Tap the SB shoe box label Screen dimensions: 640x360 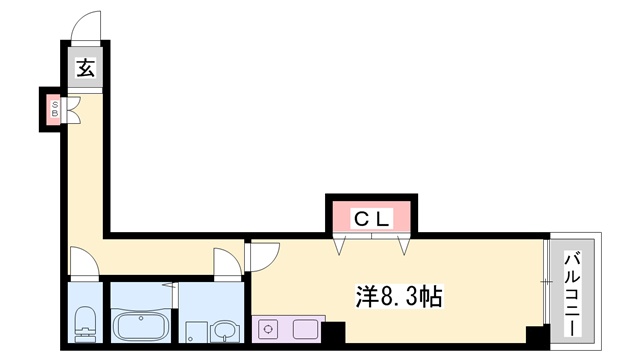pyautogui.click(x=55, y=107)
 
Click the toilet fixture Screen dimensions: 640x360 pyautogui.click(x=86, y=323)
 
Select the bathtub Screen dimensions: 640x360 pyautogui.click(x=141, y=326)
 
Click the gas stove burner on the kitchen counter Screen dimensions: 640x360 pyautogui.click(x=269, y=327)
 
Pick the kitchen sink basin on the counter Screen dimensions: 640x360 pyautogui.click(x=303, y=327)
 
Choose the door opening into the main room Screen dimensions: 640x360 pyautogui.click(x=262, y=256)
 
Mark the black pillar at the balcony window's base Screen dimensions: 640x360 pyautogui.click(x=539, y=335)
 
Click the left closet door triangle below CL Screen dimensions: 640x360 pyautogui.click(x=342, y=243)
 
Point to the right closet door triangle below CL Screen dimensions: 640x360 pyautogui.click(x=404, y=243)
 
